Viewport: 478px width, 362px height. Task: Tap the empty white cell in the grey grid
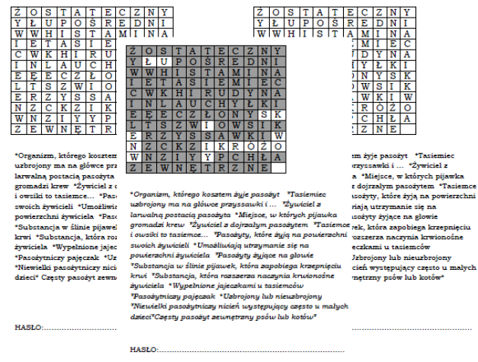pyautogui.click(x=277, y=168)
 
